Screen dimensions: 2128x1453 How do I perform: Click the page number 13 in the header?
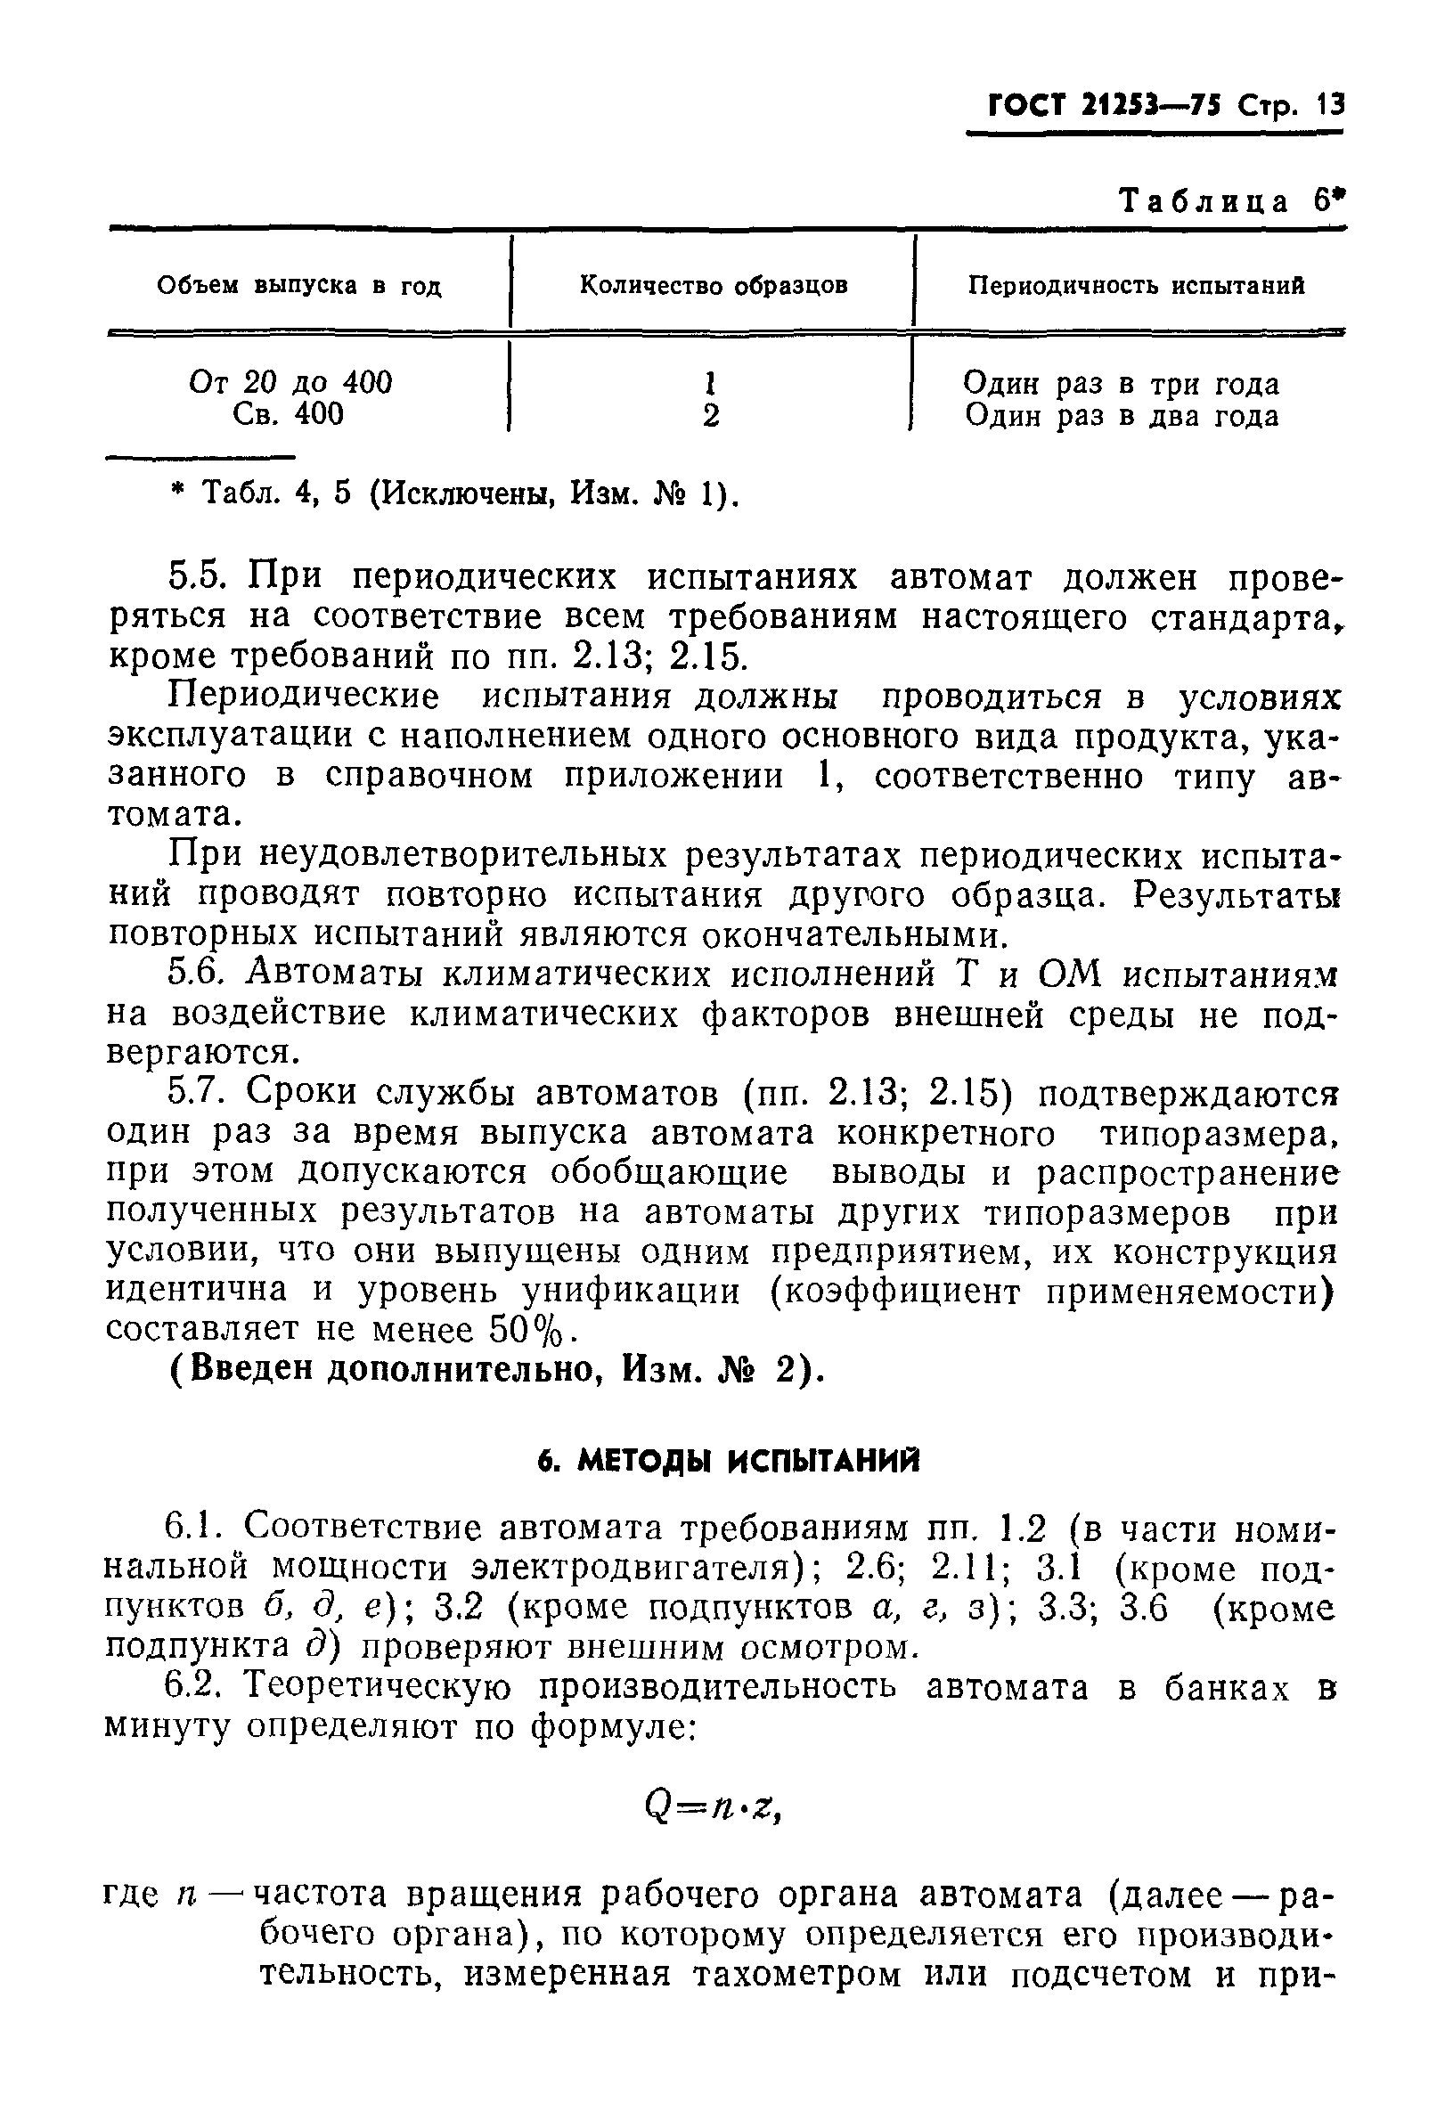click(x=1328, y=106)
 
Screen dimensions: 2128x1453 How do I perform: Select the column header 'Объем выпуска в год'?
click(x=299, y=287)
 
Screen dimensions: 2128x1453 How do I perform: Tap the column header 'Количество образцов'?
click(x=714, y=286)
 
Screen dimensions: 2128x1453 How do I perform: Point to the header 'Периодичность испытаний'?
click(x=1136, y=286)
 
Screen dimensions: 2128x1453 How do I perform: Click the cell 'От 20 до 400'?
click(x=290, y=382)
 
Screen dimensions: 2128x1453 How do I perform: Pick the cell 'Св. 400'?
click(x=289, y=415)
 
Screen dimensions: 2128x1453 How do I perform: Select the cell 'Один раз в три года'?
click(x=1122, y=384)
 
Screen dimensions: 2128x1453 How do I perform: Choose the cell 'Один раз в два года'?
click(x=1122, y=417)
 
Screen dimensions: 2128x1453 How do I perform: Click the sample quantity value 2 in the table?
click(x=711, y=417)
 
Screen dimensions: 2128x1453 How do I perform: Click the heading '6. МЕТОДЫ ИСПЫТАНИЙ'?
click(x=728, y=1463)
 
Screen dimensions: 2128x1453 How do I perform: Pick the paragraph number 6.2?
click(x=195, y=1687)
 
